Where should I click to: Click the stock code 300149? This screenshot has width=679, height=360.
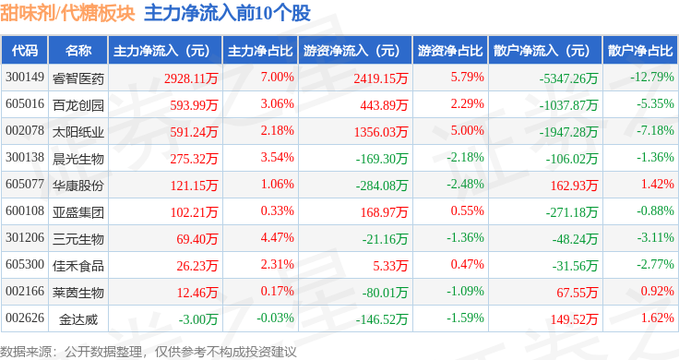[25, 78]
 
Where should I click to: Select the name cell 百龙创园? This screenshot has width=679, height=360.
[78, 105]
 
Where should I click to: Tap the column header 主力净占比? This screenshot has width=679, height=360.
[260, 51]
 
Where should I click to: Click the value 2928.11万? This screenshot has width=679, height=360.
[191, 78]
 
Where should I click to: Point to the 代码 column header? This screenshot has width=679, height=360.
[25, 51]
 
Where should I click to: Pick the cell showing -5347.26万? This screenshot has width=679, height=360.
[568, 78]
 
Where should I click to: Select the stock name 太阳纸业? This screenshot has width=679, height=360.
[78, 132]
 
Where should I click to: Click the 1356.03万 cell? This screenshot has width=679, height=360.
[381, 132]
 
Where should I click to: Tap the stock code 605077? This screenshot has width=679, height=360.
[25, 184]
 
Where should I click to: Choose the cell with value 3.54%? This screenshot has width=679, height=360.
[277, 157]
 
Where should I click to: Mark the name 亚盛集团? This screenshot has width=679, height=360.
[78, 212]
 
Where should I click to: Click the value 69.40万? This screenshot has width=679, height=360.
[197, 239]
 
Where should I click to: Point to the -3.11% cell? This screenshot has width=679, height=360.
[655, 237]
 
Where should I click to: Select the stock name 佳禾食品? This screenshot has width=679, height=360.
[78, 266]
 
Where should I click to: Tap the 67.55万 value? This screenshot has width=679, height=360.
[578, 293]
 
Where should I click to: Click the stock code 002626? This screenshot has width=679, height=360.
[25, 318]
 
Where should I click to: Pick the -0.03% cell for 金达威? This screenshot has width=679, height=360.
[276, 318]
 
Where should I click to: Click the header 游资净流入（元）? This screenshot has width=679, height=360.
[351, 51]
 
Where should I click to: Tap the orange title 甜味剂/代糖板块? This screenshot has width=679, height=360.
[67, 13]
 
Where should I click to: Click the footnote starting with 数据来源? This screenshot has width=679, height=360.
[149, 352]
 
